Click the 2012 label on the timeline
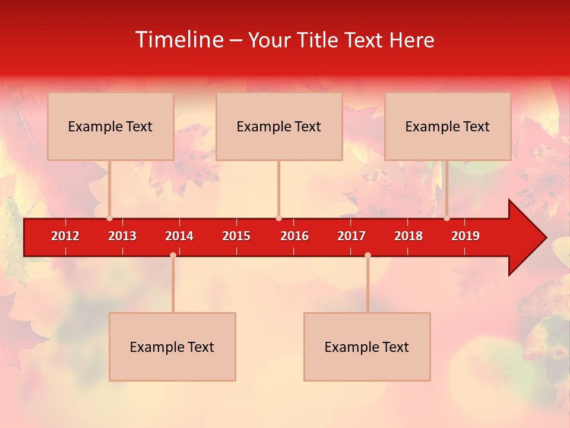[65, 236]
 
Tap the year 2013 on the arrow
[122, 236]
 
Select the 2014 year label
[179, 236]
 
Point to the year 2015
[236, 236]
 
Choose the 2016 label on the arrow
[294, 236]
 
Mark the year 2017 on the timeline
[351, 236]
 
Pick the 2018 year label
[408, 236]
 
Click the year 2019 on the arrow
[465, 236]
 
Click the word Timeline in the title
[178, 40]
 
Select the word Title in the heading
[318, 40]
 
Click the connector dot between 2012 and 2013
[109, 218]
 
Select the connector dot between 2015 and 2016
[278, 218]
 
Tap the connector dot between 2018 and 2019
[447, 218]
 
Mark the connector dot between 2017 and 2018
[368, 255]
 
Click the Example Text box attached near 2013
[110, 126]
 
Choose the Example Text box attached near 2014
[172, 347]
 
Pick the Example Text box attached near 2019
[448, 126]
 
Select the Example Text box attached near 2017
[367, 347]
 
